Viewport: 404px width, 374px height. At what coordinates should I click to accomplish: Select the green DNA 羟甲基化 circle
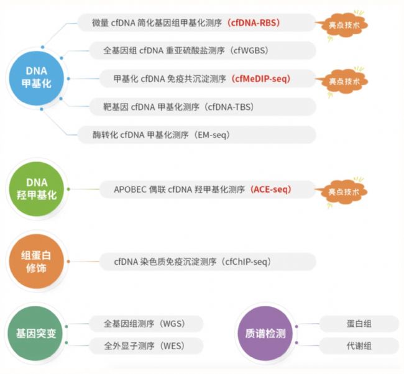[x=36, y=189]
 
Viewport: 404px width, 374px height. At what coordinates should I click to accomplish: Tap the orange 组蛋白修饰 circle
[x=36, y=262]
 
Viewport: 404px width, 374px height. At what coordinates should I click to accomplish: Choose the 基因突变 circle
[x=36, y=334]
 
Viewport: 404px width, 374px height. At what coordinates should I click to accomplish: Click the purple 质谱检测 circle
[x=265, y=334]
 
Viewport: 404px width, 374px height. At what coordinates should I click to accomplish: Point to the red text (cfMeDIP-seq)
[x=261, y=78]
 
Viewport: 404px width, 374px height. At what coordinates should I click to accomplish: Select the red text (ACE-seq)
[x=270, y=189]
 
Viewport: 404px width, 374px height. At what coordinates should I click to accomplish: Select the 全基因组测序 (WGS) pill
[x=146, y=324]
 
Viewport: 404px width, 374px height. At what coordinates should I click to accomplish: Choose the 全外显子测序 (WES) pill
[x=146, y=345]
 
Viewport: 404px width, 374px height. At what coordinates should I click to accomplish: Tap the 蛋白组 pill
[x=359, y=324]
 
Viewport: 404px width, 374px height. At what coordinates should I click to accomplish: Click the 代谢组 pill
[x=359, y=345]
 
